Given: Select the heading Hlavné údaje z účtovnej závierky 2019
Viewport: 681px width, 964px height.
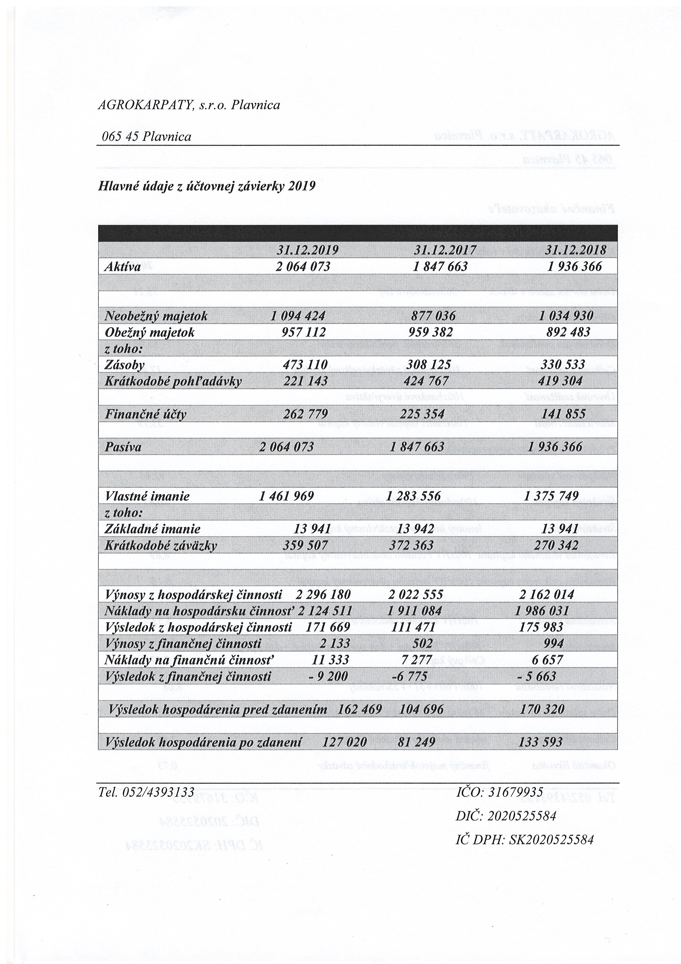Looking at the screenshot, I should point(206,186).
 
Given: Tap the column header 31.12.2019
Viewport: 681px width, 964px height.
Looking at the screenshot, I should point(308,250).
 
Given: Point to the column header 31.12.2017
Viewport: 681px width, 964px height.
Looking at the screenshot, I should point(445,250).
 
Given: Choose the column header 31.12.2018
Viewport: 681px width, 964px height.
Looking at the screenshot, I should point(576,250).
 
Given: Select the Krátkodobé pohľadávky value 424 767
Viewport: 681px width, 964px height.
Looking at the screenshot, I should point(428,381).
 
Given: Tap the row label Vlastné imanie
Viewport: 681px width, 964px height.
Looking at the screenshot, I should point(147,496).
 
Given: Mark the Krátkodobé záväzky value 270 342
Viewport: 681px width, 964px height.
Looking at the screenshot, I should point(556,545).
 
